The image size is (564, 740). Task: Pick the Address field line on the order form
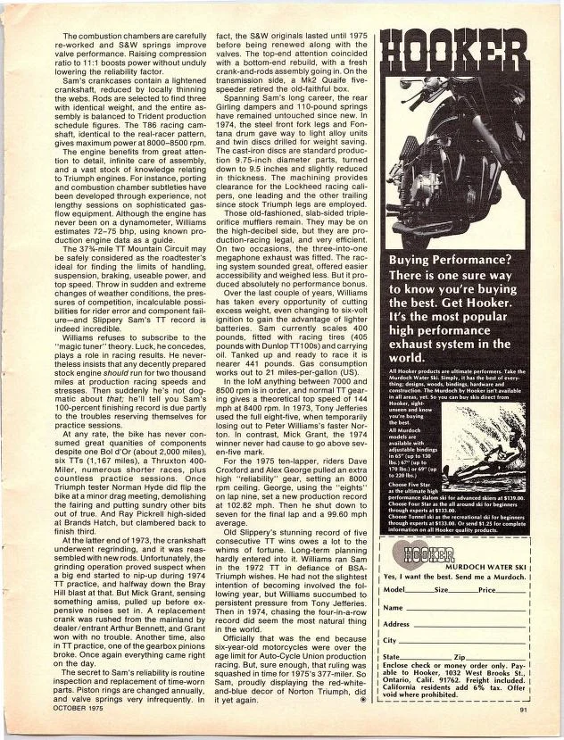(473, 624)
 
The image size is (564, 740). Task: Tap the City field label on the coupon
(389, 641)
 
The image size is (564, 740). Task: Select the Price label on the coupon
(489, 590)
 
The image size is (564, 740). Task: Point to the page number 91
(525, 710)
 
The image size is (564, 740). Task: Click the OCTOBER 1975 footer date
(65, 710)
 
